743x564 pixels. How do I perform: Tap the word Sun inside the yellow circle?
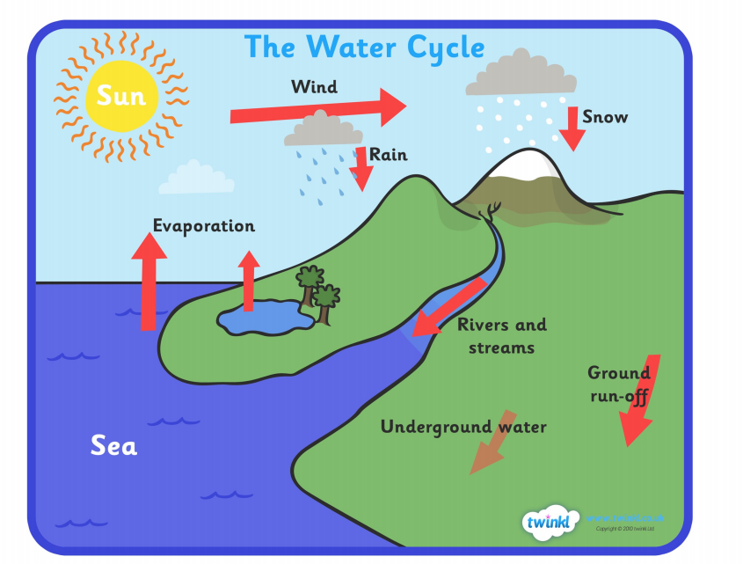(120, 95)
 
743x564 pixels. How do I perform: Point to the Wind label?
(314, 87)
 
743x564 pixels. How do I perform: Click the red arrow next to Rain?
(361, 169)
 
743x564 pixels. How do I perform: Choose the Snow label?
(605, 116)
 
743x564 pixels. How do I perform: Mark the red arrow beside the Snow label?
(572, 128)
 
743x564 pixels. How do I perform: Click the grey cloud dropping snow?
(522, 76)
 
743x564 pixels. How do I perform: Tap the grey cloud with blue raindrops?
(313, 130)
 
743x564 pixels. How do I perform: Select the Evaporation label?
(204, 226)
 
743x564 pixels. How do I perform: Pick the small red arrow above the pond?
(250, 281)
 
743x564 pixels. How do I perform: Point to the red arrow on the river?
(448, 307)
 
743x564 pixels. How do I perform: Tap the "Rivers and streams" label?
(502, 335)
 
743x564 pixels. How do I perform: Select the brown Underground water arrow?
(489, 443)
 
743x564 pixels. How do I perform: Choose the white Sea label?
(114, 446)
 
